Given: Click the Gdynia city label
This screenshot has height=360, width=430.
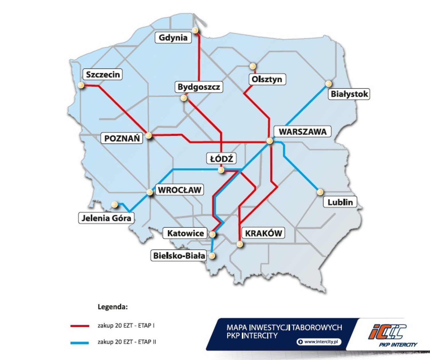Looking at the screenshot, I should pyautogui.click(x=173, y=38).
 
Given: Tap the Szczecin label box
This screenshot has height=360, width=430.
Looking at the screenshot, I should pyautogui.click(x=103, y=75).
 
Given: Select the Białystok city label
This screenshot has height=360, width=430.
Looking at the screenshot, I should pyautogui.click(x=349, y=94).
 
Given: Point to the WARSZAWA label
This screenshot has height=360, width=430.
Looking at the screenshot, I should pyautogui.click(x=302, y=132).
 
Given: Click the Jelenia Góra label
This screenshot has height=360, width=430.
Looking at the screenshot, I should pyautogui.click(x=106, y=218).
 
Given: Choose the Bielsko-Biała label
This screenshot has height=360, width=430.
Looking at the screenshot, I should pyautogui.click(x=179, y=256).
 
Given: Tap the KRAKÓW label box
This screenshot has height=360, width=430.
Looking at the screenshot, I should pyautogui.click(x=263, y=233).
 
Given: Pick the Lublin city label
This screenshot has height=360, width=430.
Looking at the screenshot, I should pyautogui.click(x=340, y=202).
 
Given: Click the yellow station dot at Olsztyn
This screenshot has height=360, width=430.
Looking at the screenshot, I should pyautogui.click(x=253, y=66).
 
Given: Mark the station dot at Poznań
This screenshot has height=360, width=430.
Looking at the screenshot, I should pyautogui.click(x=149, y=135).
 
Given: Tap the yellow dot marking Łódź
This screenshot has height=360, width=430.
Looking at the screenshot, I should pyautogui.click(x=221, y=170).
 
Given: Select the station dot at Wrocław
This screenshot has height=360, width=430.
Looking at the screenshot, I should pyautogui.click(x=150, y=192).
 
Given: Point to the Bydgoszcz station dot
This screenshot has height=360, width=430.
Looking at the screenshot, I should pyautogui.click(x=184, y=98).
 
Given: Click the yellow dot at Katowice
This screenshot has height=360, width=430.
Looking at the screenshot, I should pyautogui.click(x=212, y=234).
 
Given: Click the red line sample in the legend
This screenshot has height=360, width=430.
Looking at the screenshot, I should pyautogui.click(x=80, y=326).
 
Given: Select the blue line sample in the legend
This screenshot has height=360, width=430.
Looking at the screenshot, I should pyautogui.click(x=80, y=343).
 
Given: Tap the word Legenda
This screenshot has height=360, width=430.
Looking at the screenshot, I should pyautogui.click(x=113, y=307).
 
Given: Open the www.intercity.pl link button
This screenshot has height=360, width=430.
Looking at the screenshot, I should pyautogui.click(x=319, y=342).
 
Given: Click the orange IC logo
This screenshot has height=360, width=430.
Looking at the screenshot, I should pyautogui.click(x=387, y=332).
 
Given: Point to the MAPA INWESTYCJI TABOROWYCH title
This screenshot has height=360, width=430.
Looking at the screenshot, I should pyautogui.click(x=284, y=328).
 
